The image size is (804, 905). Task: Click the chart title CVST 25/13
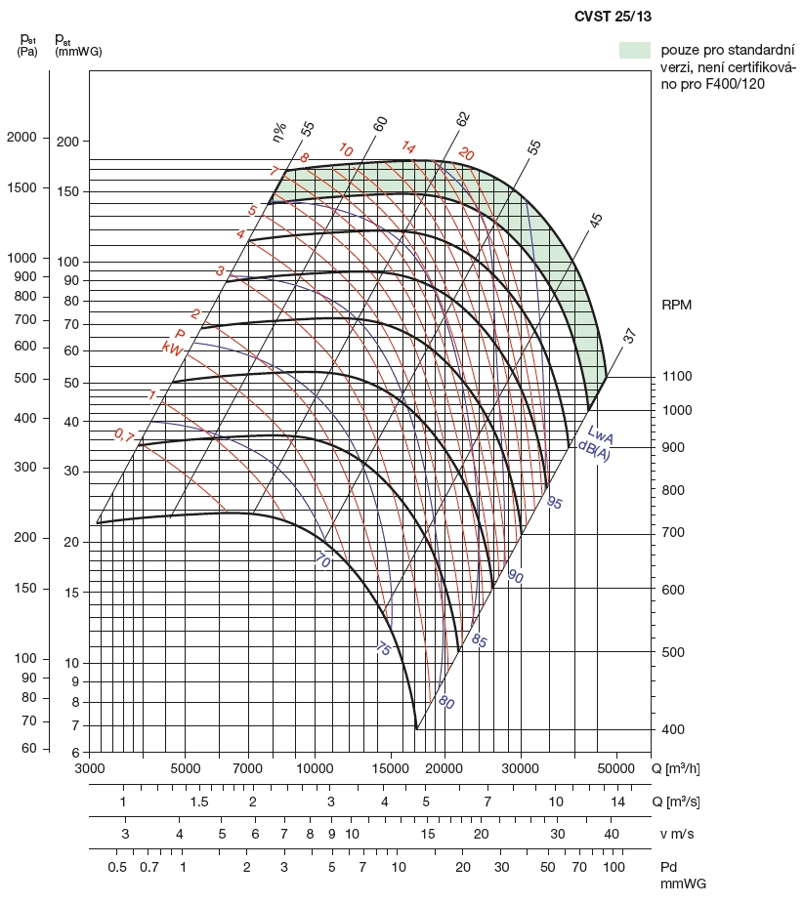[x=614, y=17]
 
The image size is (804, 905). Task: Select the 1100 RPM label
[x=677, y=377]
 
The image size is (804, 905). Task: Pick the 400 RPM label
[x=673, y=730]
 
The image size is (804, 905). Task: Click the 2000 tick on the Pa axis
[x=21, y=138]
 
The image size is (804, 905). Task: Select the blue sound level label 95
[x=555, y=503]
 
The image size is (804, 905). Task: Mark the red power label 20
[x=466, y=154]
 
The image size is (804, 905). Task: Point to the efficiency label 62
[x=462, y=118]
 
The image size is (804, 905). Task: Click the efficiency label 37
[x=630, y=337]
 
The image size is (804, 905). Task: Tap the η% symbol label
[x=279, y=131]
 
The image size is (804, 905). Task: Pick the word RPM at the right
[x=676, y=305]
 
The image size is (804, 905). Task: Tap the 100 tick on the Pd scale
[x=614, y=867]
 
